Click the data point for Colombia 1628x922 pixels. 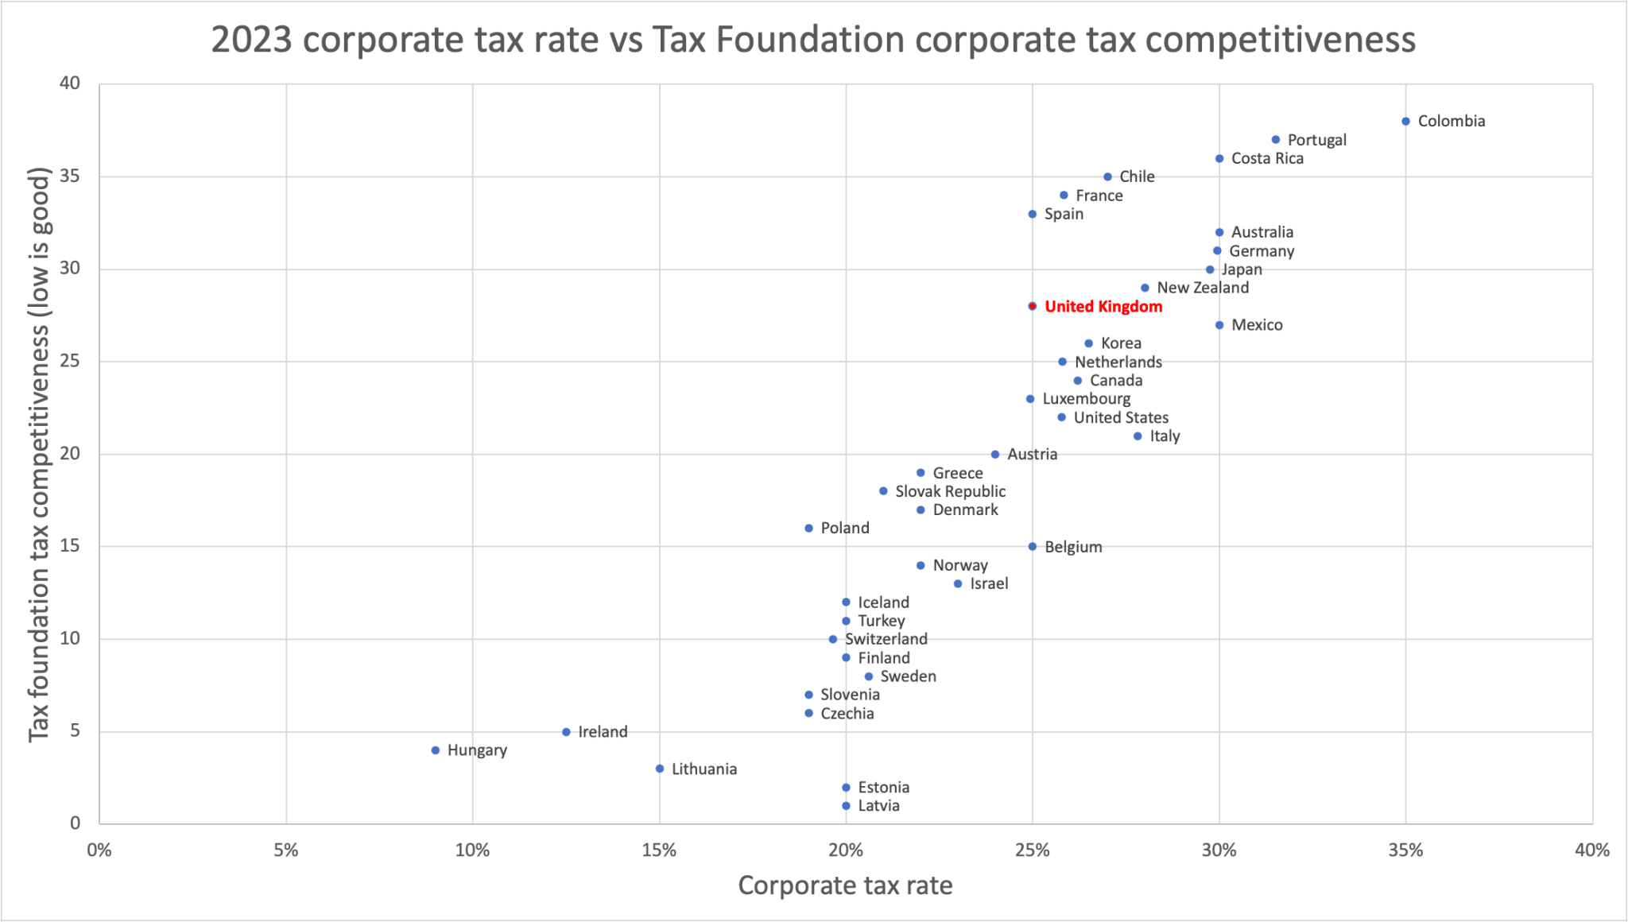[x=1405, y=122]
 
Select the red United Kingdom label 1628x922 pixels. [x=1103, y=307]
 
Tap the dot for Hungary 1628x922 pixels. [x=436, y=750]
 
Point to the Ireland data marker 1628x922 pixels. [x=566, y=732]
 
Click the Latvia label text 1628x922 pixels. [x=878, y=806]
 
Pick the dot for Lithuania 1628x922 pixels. [x=660, y=769]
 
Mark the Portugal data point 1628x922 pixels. [x=1276, y=140]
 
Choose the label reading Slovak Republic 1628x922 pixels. [x=950, y=491]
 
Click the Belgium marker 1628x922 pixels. [x=1033, y=547]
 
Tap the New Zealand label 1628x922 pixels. [x=1202, y=288]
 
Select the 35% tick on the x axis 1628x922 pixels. [x=1405, y=850]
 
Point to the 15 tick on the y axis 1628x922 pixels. [x=71, y=546]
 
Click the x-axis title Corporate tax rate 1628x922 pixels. [x=845, y=885]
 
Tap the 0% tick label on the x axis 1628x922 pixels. [x=99, y=850]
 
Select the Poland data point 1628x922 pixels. [x=808, y=529]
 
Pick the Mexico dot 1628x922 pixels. [x=1219, y=325]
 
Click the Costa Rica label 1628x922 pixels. [x=1267, y=159]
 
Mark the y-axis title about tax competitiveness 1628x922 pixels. [x=40, y=455]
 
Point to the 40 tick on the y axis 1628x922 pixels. [x=71, y=83]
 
